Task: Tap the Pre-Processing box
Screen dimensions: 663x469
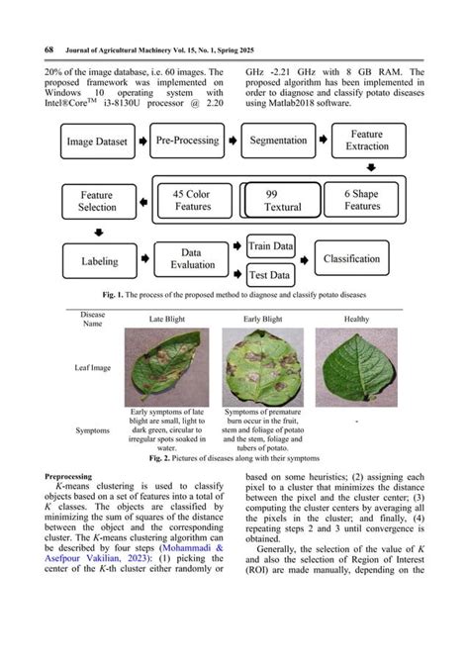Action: point(188,142)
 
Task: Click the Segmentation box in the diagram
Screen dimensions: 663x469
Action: point(278,142)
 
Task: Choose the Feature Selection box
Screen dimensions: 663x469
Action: point(97,201)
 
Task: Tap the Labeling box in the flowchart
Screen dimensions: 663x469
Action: point(99,261)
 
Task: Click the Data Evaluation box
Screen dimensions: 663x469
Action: point(191,260)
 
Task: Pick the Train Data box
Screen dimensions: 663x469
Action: point(271,245)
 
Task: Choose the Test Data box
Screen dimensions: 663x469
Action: point(270,276)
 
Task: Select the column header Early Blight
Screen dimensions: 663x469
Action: point(261,320)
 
